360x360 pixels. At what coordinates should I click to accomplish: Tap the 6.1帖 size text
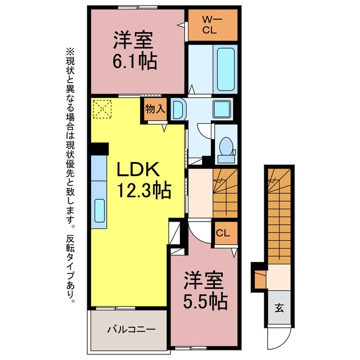(135, 61)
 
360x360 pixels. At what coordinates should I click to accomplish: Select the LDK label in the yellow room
(138, 169)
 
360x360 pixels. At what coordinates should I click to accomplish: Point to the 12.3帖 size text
(144, 190)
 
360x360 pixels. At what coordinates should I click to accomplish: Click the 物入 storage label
(155, 109)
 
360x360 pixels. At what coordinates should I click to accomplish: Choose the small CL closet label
(223, 233)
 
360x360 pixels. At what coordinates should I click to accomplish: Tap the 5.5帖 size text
(205, 301)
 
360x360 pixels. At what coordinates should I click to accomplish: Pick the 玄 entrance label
(279, 308)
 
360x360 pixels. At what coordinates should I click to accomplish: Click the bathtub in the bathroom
(226, 69)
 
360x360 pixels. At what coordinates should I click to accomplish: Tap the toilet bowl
(226, 146)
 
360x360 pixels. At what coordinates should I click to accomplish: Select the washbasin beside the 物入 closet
(178, 109)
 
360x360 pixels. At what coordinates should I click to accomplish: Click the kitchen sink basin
(100, 210)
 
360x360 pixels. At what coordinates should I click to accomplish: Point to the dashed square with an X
(102, 109)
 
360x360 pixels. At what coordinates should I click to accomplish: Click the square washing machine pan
(222, 109)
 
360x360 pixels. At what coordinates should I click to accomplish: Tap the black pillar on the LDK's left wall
(99, 148)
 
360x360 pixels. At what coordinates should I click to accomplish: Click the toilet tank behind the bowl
(226, 159)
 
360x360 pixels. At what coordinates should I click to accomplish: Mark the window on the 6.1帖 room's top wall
(138, 7)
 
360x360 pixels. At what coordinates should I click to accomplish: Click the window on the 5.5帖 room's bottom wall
(191, 348)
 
